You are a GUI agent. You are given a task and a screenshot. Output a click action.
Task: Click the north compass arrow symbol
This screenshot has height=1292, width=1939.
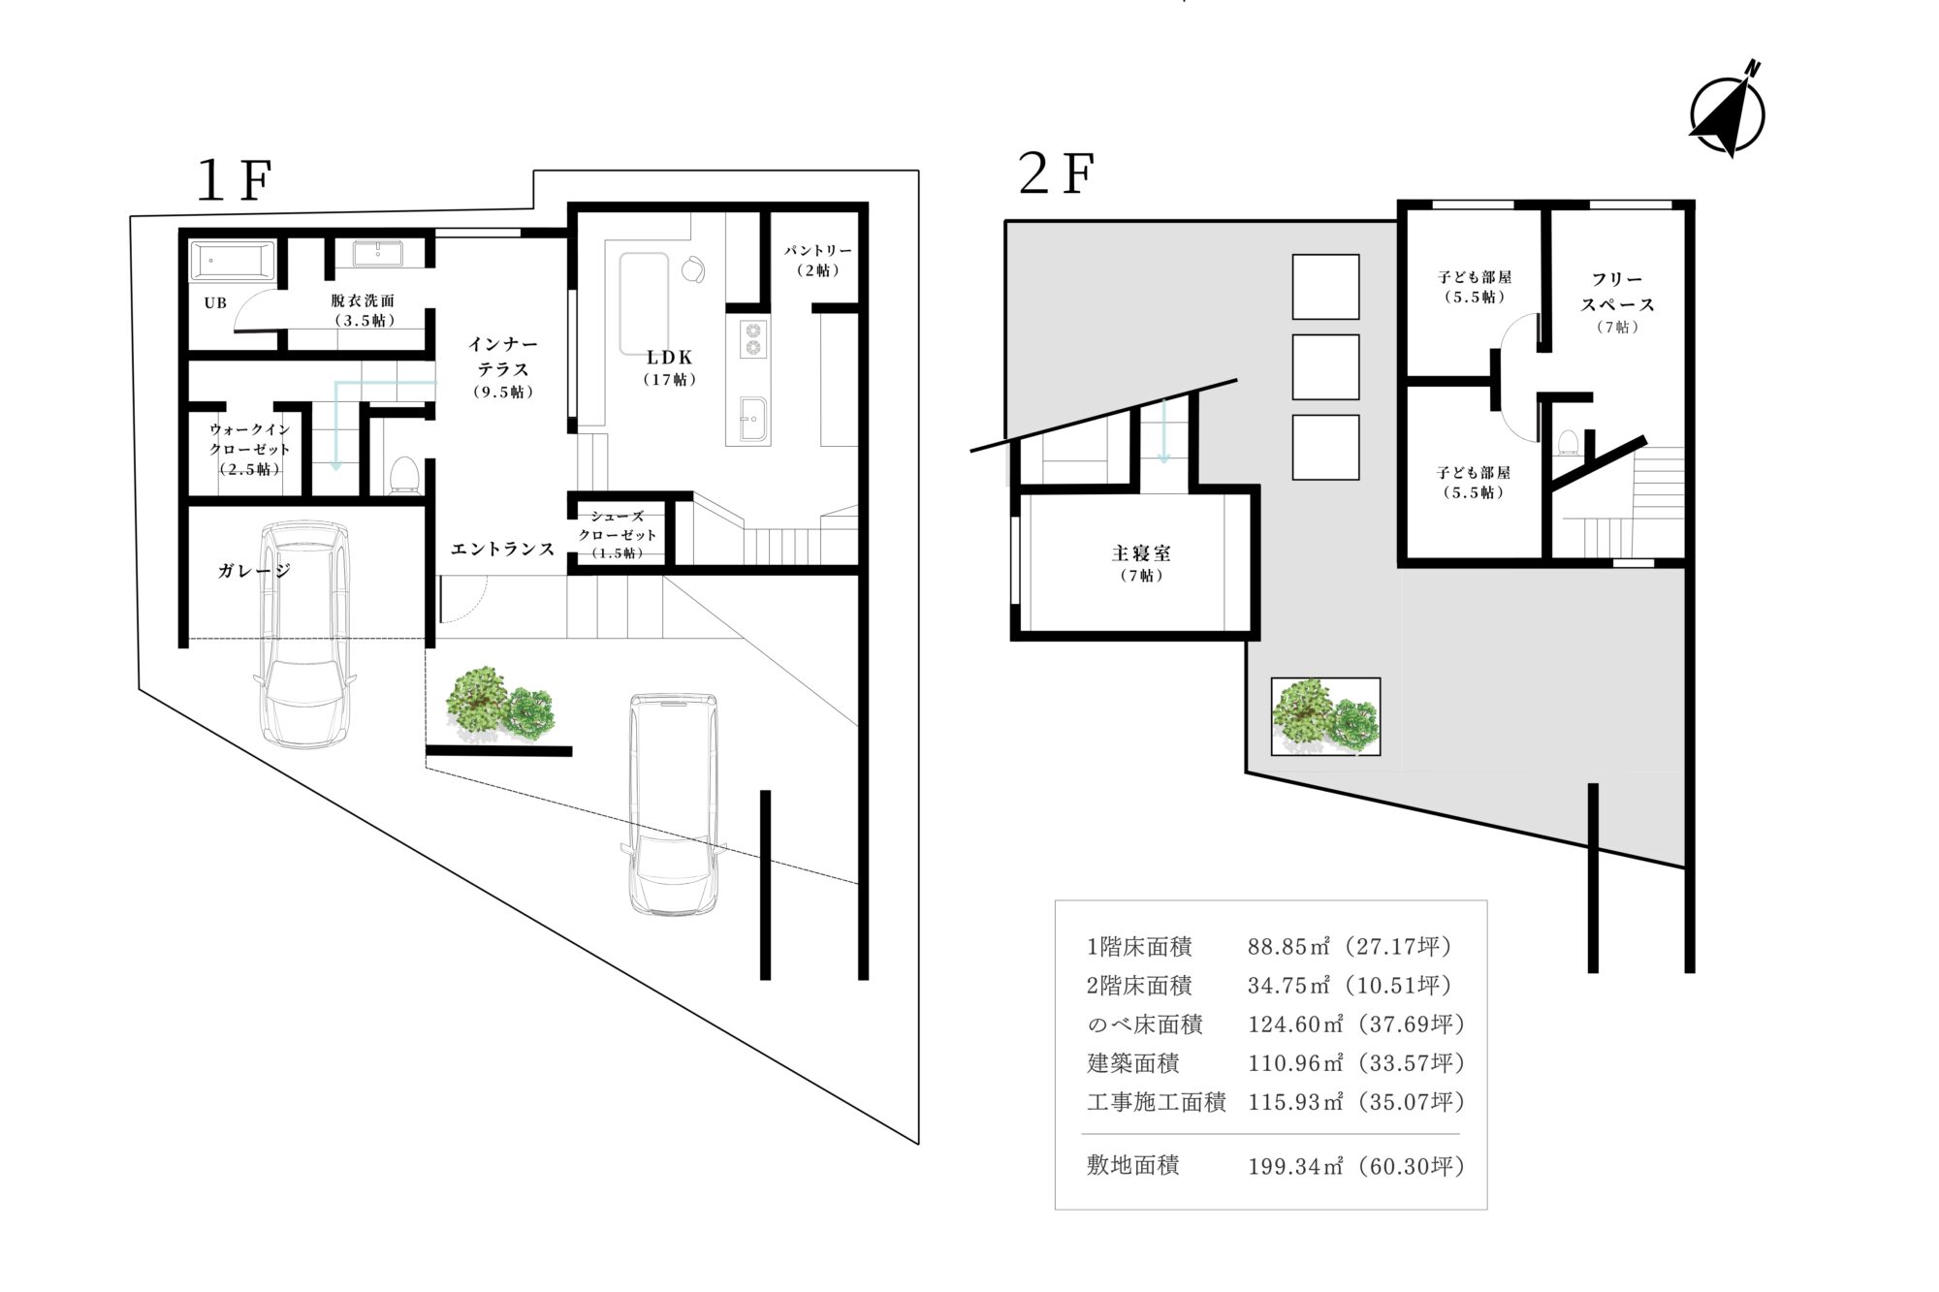click(1727, 110)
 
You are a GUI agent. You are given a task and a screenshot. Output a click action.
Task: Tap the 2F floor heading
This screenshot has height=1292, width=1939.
click(1057, 173)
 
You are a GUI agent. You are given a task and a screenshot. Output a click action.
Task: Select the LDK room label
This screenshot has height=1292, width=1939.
click(670, 358)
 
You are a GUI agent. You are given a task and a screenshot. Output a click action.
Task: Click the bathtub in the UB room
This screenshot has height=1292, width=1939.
click(233, 262)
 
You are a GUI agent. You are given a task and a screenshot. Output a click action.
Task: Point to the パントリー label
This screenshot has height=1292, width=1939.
click(818, 251)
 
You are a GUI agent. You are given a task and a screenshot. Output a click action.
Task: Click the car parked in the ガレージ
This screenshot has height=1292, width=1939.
click(302, 635)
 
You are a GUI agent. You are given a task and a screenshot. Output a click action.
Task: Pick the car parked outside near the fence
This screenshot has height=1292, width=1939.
click(673, 804)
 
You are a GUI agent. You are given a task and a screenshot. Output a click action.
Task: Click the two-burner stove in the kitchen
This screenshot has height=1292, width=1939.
click(753, 340)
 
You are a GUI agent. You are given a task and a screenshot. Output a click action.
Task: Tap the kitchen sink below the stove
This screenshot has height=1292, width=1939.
click(753, 421)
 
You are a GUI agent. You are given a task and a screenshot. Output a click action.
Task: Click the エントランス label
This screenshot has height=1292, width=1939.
click(502, 550)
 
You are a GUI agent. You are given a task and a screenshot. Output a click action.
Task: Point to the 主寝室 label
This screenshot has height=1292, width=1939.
click(1141, 553)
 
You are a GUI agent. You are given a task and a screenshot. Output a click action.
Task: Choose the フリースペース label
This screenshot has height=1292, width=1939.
click(1617, 292)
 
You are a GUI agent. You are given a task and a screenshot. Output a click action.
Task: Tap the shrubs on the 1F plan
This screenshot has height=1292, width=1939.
click(499, 704)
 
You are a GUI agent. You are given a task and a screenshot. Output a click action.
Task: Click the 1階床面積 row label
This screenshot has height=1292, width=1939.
click(1139, 947)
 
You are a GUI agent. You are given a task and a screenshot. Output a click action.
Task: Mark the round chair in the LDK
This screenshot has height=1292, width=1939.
click(695, 268)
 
